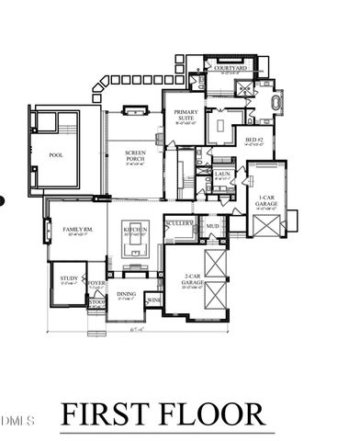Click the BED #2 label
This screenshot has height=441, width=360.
(x=254, y=141)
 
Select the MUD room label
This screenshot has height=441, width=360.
(x=212, y=225)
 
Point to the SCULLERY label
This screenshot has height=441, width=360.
(x=178, y=223)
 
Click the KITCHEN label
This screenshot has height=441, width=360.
(x=135, y=230)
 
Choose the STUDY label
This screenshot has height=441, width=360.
(x=69, y=277)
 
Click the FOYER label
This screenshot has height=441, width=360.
(x=96, y=283)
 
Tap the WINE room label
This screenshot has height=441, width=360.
(x=153, y=300)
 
